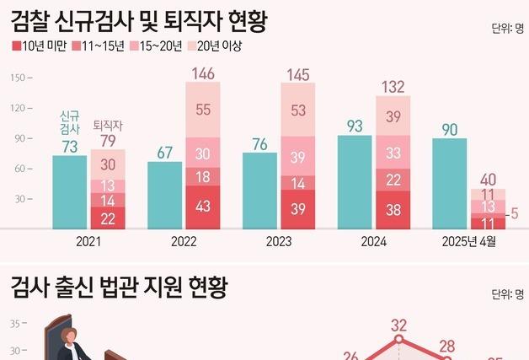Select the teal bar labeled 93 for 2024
355,181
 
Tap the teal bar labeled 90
450,183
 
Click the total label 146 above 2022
204,73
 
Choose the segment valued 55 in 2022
204,110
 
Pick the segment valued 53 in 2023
299,110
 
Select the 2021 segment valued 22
108,218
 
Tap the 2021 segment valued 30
108,164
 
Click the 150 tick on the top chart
18,78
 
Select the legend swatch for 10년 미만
17,46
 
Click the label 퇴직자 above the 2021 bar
106,123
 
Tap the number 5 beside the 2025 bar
516,214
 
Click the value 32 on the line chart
399,325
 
